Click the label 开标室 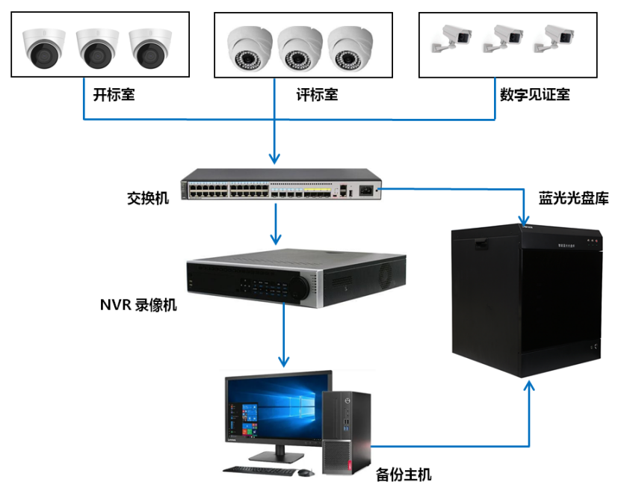(x=114, y=96)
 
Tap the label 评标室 (x=317, y=96)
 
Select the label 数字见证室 (x=535, y=96)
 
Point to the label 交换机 (x=148, y=198)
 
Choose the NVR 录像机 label (x=138, y=305)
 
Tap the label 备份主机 (x=404, y=475)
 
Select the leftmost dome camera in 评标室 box (x=250, y=48)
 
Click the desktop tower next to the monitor (x=347, y=433)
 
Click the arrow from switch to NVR (x=276, y=224)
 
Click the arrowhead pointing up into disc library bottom (x=530, y=386)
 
